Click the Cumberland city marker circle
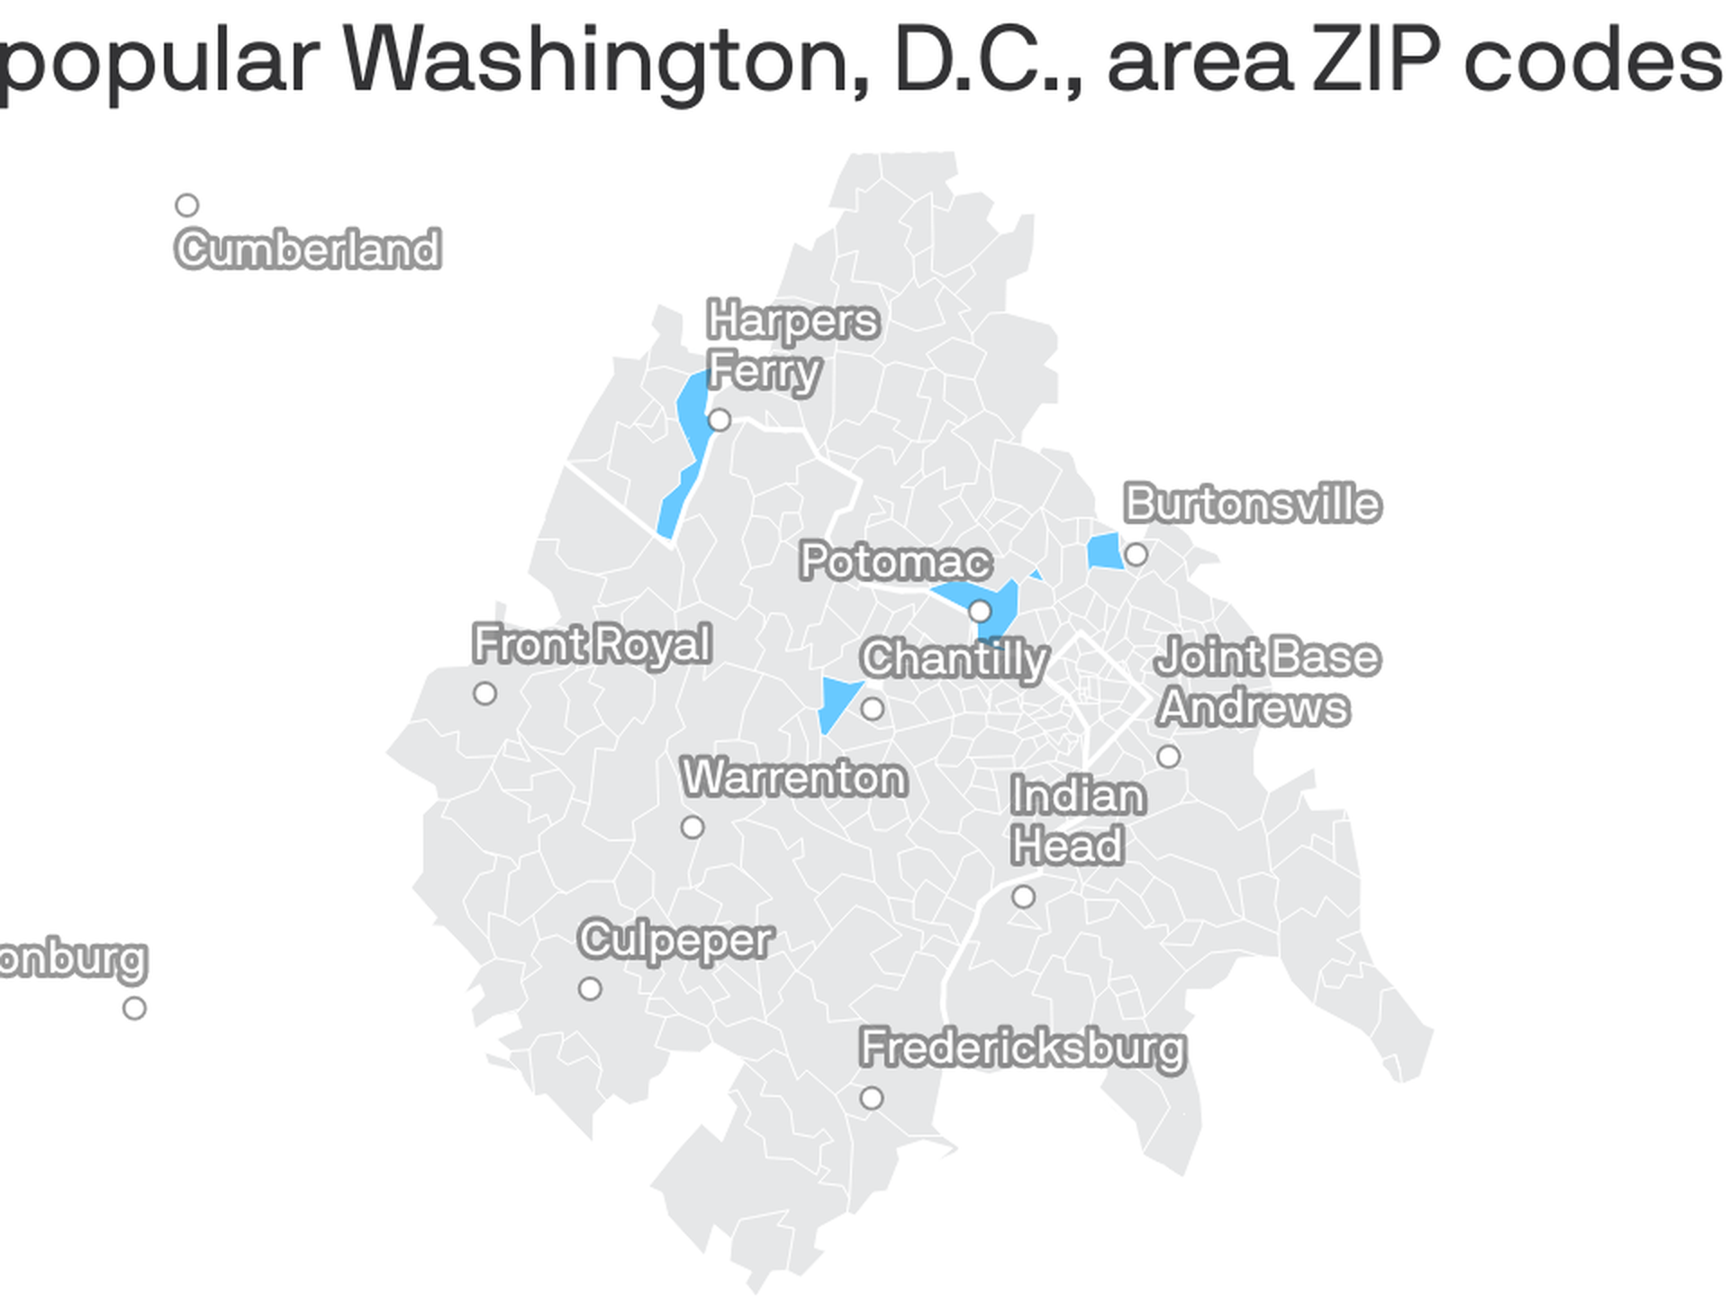[186, 205]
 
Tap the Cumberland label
[308, 249]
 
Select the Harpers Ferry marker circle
[719, 420]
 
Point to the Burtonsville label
[1252, 503]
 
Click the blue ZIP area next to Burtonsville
[1105, 551]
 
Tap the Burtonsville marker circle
[1136, 555]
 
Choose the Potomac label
[895, 561]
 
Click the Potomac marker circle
[980, 612]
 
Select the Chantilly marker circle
[872, 709]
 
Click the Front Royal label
[592, 645]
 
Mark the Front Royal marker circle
[484, 694]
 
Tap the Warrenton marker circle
[692, 827]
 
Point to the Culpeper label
[675, 940]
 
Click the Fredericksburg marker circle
[871, 1098]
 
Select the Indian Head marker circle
[1023, 897]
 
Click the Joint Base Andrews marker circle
[1168, 757]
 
